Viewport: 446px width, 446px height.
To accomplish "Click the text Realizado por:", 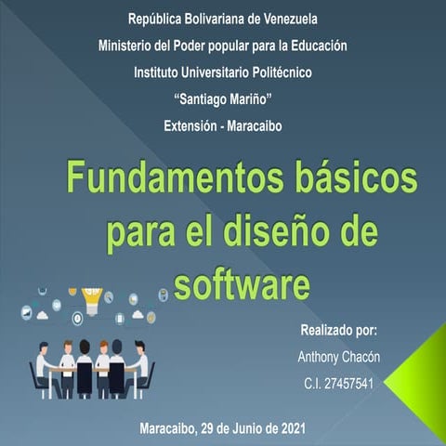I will click(x=338, y=331).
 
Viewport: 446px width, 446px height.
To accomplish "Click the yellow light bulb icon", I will click(x=91, y=298).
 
